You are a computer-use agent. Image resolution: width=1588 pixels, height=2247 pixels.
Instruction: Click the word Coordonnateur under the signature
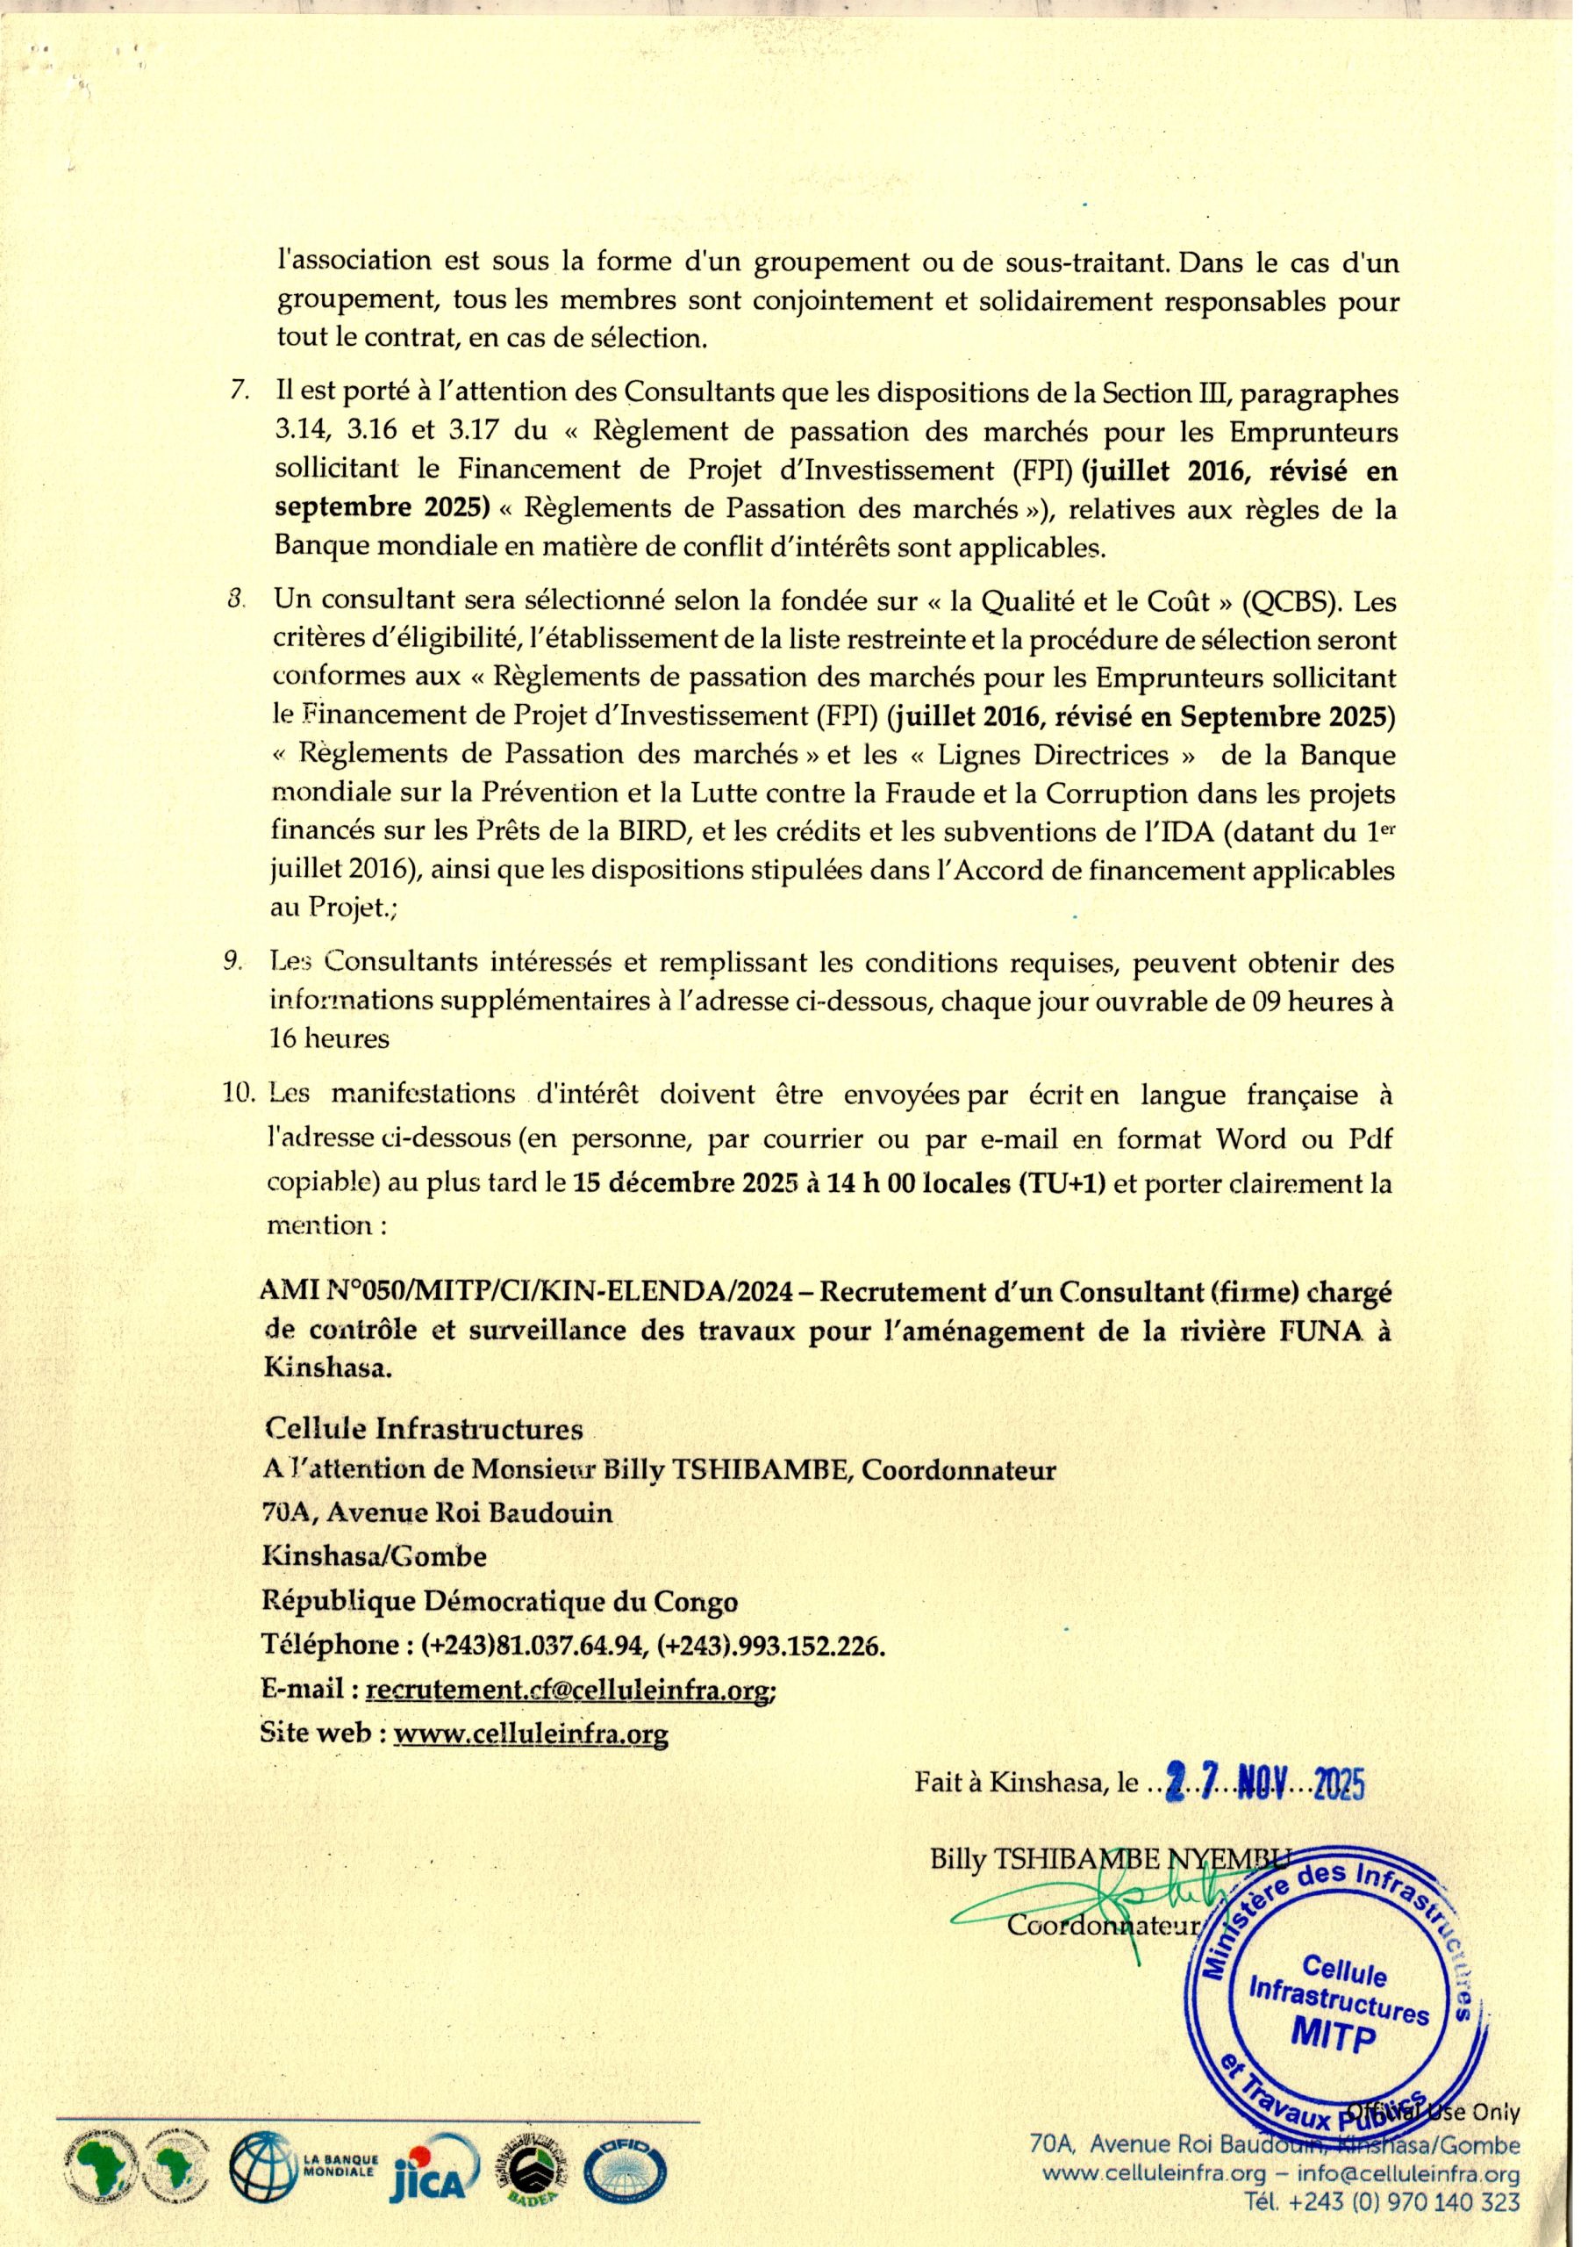point(1104,1927)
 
